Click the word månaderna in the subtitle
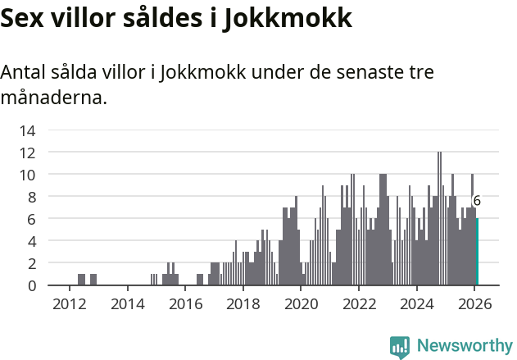pyautogui.click(x=53, y=98)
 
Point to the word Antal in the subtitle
pyautogui.click(x=24, y=72)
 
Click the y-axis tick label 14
pyautogui.click(x=28, y=130)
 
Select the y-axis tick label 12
pyautogui.click(x=28, y=153)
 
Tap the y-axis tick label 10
pyautogui.click(x=28, y=175)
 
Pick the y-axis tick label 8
pyautogui.click(x=31, y=197)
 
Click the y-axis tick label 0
pyautogui.click(x=31, y=285)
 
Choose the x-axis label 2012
pyautogui.click(x=69, y=303)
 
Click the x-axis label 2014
pyautogui.click(x=127, y=303)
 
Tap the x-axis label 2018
pyautogui.click(x=243, y=303)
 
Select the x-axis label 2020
pyautogui.click(x=301, y=303)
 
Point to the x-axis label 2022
pyautogui.click(x=359, y=303)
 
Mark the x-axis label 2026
pyautogui.click(x=474, y=303)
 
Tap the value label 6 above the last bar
pyautogui.click(x=477, y=201)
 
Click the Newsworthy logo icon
pyautogui.click(x=400, y=347)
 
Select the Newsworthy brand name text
pyautogui.click(x=464, y=346)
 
